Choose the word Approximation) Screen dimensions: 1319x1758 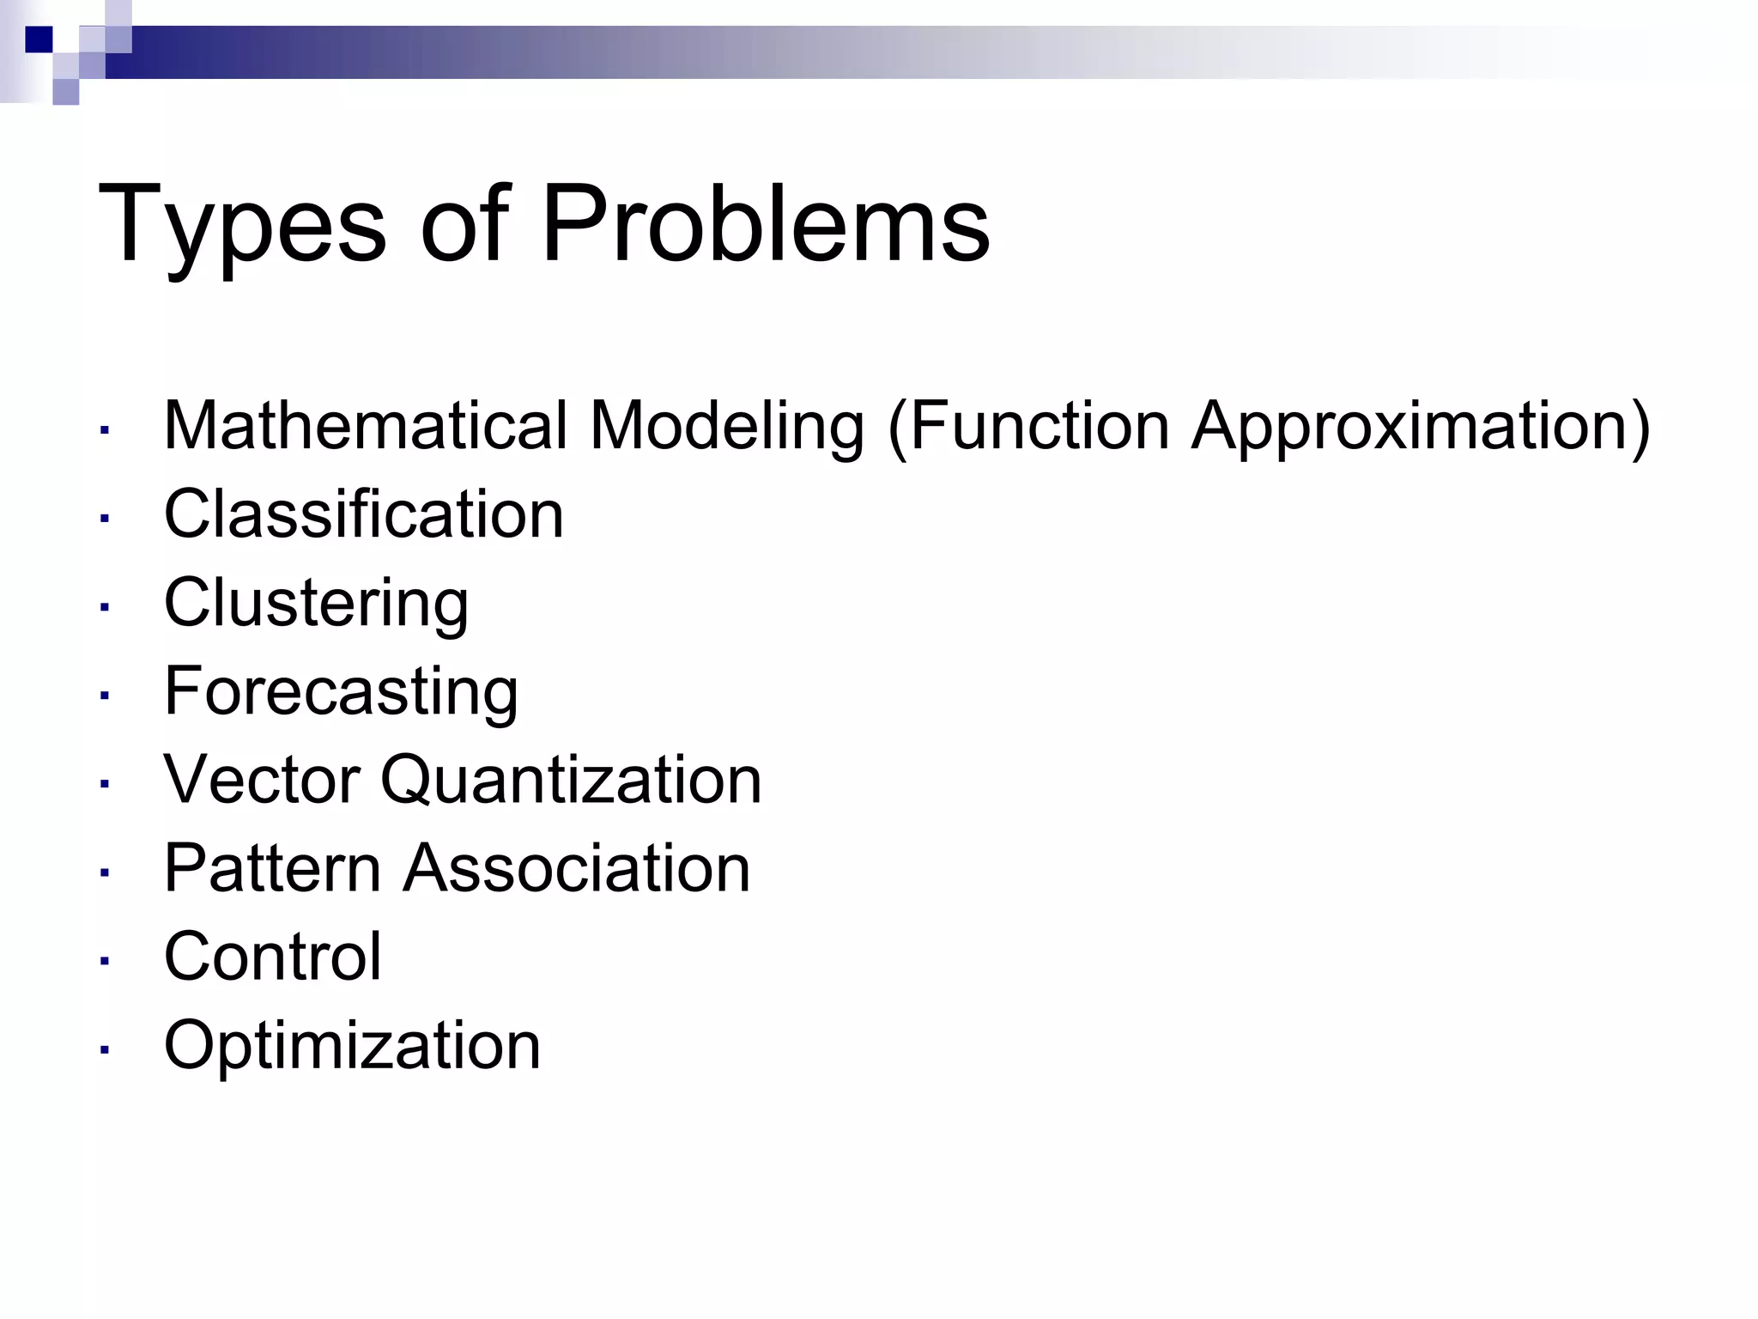pos(1422,427)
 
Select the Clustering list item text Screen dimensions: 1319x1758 pos(316,604)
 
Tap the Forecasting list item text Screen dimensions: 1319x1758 pos(341,691)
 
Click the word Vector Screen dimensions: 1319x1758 pos(261,780)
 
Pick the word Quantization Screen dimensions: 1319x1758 pos(571,781)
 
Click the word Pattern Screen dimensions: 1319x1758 pos(272,868)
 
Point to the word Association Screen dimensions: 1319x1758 pos(577,868)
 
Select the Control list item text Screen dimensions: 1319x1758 pos(272,957)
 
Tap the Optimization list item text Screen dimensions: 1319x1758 pos(352,1046)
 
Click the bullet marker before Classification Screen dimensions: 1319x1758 pos(104,518)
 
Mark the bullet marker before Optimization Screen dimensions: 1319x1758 pos(104,1049)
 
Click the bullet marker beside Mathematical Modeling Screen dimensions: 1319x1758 pos(104,429)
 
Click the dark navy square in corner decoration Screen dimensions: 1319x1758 pos(39,40)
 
